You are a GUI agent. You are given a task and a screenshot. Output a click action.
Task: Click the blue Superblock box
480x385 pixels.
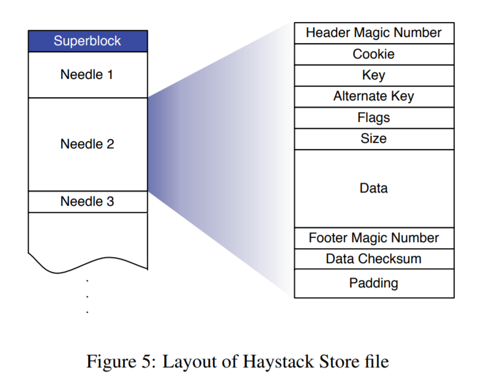coord(88,41)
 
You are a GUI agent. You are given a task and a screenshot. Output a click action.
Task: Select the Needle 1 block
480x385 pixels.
coord(88,74)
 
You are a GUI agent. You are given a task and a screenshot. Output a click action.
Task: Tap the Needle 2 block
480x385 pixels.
coord(88,144)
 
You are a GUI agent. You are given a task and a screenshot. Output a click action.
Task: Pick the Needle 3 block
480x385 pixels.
coord(88,201)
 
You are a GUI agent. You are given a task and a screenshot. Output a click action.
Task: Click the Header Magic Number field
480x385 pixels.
coord(374,33)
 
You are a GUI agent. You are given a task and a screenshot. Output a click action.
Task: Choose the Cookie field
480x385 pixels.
coord(374,54)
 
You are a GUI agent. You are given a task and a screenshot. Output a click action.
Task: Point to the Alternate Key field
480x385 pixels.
coord(374,97)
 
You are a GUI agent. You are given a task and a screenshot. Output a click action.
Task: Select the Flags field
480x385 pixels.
coord(374,117)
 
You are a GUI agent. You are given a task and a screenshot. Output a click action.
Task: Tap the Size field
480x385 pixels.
coord(374,138)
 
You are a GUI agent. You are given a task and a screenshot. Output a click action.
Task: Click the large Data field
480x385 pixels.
coord(374,188)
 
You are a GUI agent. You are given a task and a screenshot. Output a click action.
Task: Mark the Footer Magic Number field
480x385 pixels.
coord(374,238)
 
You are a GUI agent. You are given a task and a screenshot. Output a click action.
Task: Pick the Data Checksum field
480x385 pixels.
coord(374,259)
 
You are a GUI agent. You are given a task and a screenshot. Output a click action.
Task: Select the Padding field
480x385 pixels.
coord(374,283)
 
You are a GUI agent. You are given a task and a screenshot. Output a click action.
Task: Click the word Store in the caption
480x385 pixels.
coord(337,362)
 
